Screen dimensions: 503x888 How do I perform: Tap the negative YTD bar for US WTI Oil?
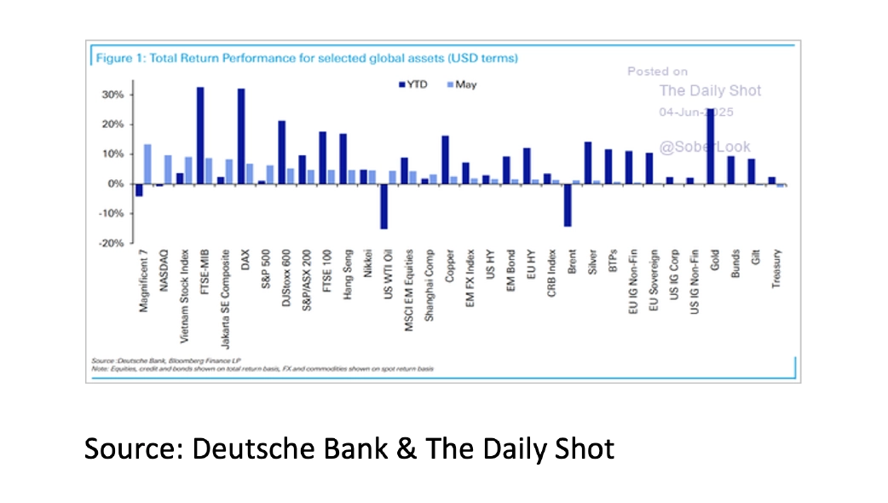click(x=383, y=205)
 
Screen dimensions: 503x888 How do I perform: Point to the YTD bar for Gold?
click(x=711, y=146)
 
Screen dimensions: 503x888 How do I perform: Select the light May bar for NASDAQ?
click(x=168, y=169)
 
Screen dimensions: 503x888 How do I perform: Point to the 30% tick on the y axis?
click(x=114, y=94)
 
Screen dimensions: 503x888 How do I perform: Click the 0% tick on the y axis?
click(x=117, y=183)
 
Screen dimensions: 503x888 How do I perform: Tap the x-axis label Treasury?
click(x=776, y=268)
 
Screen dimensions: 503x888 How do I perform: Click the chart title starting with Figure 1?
click(x=306, y=58)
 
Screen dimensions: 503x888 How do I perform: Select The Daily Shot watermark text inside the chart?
click(x=710, y=90)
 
